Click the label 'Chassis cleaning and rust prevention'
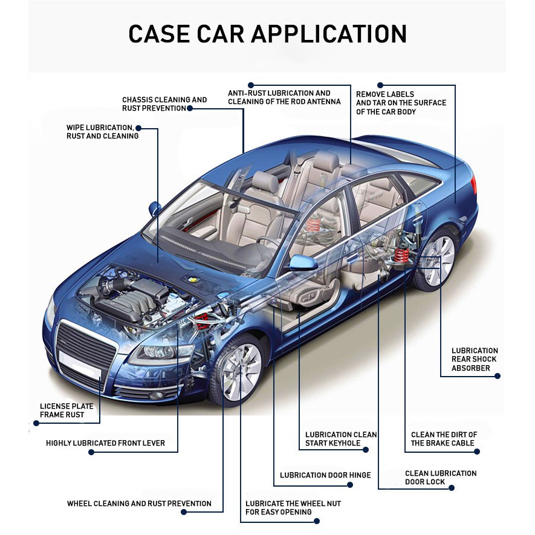[x=164, y=104]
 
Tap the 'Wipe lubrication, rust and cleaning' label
[x=102, y=132]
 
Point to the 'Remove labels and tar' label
[x=401, y=103]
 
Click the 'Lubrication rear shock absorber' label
[x=475, y=359]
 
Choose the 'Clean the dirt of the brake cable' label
[x=444, y=439]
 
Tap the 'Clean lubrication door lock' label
[x=440, y=478]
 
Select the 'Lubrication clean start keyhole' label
[x=340, y=439]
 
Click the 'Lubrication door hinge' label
[x=325, y=475]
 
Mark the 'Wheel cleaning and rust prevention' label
[x=139, y=504]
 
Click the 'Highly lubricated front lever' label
[x=105, y=443]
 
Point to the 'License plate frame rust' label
[x=62, y=410]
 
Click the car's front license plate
[x=80, y=365]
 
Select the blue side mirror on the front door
[x=303, y=263]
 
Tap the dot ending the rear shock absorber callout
[x=497, y=376]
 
